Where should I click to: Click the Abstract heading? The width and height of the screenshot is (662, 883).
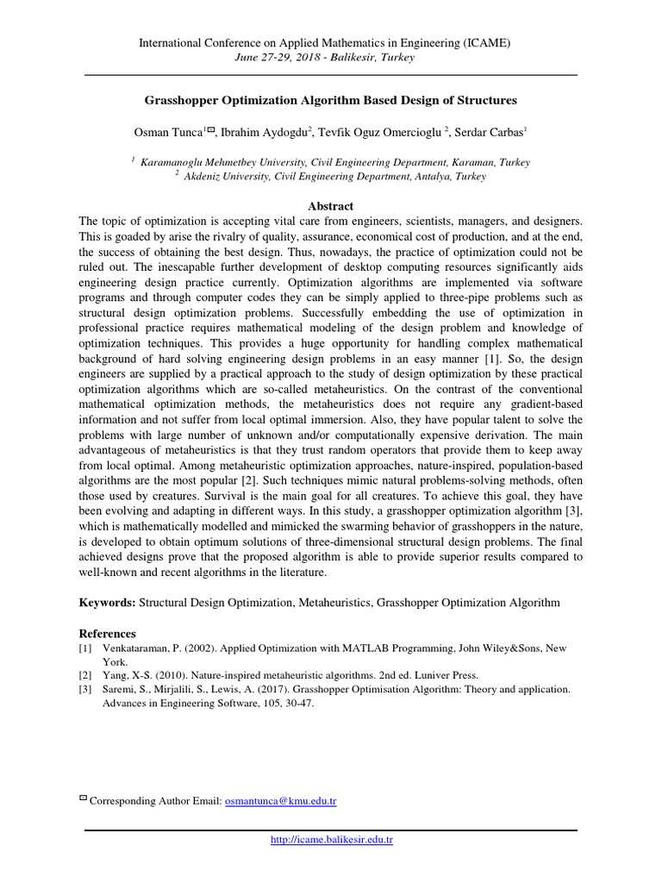tap(331, 206)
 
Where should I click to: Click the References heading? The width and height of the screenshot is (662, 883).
tap(108, 633)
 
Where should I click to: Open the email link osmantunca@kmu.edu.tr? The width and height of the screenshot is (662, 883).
tap(280, 801)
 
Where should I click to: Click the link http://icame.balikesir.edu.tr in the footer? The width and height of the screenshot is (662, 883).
tap(332, 839)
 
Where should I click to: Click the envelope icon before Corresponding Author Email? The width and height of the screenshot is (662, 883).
tap(83, 800)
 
